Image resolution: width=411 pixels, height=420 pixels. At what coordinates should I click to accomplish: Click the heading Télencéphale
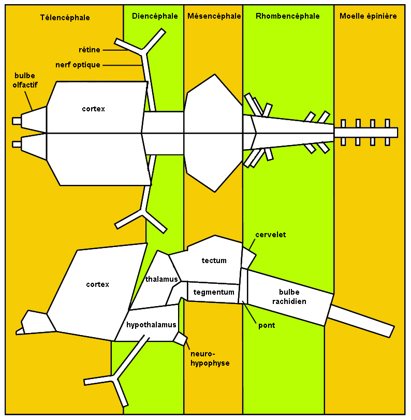coord(65,17)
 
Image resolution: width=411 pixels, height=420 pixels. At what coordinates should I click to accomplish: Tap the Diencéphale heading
coord(154,16)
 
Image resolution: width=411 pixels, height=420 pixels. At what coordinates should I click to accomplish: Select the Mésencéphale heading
coord(214,16)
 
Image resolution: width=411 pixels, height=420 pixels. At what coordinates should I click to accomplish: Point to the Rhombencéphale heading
coord(287,16)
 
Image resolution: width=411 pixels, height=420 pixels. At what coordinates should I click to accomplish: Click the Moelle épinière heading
coord(368,16)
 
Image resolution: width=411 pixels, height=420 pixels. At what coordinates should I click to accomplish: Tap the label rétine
coord(90,50)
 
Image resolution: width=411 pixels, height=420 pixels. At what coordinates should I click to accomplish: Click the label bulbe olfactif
coord(25,80)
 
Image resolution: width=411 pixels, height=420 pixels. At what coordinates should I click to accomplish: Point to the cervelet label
coord(270,235)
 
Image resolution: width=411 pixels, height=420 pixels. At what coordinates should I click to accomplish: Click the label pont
coord(267,325)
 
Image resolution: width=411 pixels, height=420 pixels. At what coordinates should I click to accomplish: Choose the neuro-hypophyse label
coord(210,359)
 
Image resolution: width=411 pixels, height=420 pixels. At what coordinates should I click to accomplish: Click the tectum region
coord(214,260)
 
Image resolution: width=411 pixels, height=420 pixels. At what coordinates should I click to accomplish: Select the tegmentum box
coord(214,292)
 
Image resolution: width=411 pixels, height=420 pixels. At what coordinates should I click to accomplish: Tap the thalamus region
coord(158,280)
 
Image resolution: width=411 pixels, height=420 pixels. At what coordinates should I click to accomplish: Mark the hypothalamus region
coord(151,325)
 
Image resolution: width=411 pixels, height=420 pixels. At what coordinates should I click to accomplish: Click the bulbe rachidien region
coord(292,296)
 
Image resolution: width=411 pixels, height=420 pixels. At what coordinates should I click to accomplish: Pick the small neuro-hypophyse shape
coord(180,339)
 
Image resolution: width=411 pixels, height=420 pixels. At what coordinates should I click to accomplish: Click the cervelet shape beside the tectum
coord(248,257)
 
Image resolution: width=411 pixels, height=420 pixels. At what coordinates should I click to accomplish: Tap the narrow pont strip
coord(243,286)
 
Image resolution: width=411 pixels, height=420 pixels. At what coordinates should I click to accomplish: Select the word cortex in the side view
coord(98,284)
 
